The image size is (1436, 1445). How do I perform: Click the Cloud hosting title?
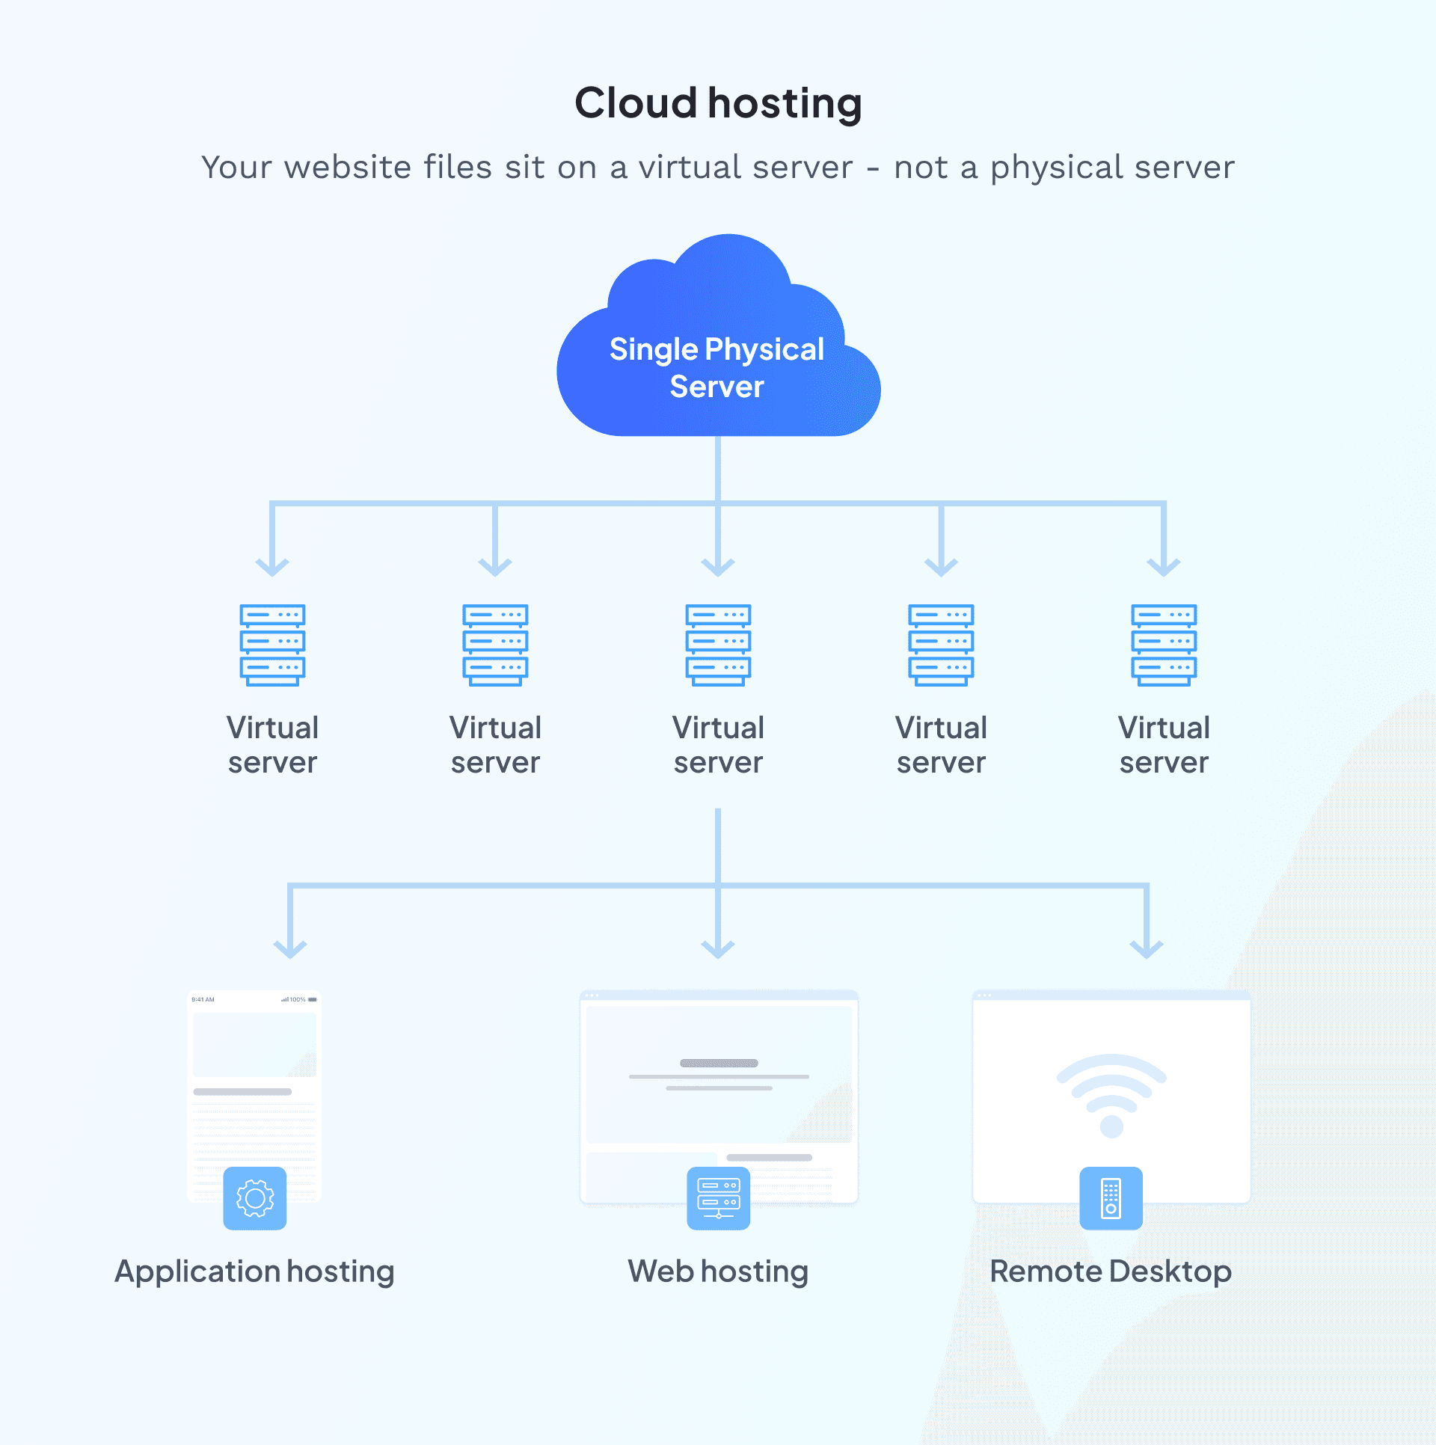click(718, 103)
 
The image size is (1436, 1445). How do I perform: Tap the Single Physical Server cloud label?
click(717, 368)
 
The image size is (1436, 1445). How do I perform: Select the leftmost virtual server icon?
click(272, 645)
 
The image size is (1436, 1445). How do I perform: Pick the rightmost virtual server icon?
click(1164, 645)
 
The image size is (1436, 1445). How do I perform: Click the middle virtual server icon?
click(718, 645)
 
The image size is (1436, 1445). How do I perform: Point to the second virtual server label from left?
click(495, 745)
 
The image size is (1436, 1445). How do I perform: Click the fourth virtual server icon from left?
click(941, 645)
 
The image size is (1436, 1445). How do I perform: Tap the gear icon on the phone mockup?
click(254, 1198)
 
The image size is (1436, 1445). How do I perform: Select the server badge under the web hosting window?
click(718, 1198)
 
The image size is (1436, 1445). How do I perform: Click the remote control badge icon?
click(1111, 1198)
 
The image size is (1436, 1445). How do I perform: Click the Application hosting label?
click(254, 1271)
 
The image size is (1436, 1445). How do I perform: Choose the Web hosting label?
click(718, 1271)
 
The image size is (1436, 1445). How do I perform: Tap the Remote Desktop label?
click(1111, 1271)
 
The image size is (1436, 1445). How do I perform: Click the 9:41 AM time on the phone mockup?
click(203, 999)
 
